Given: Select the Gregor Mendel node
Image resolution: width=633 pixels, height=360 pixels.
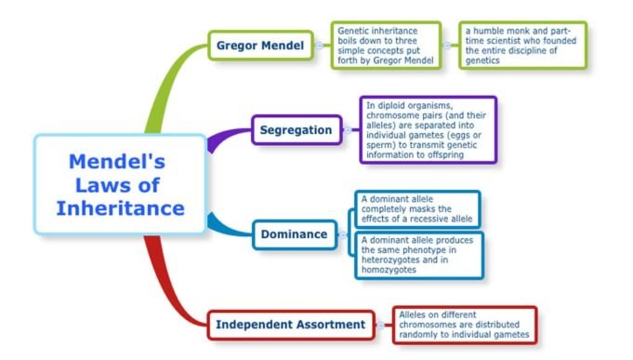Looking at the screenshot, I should (x=261, y=45).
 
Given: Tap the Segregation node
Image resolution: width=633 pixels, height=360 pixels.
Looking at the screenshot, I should (x=297, y=130).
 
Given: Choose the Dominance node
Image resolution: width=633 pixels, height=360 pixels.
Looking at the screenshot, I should (x=295, y=234).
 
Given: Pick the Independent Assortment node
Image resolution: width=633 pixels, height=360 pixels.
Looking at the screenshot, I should (x=291, y=325).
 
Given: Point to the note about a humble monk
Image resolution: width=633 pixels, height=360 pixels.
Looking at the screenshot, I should (x=522, y=45).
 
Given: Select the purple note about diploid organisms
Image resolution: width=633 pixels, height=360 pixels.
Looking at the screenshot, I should (x=428, y=130).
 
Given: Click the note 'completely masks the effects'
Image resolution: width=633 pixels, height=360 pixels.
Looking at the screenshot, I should (x=417, y=209).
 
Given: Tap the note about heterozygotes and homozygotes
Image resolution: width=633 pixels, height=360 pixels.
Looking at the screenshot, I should (x=417, y=256).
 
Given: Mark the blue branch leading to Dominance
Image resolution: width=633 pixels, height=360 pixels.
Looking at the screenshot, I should (x=228, y=226).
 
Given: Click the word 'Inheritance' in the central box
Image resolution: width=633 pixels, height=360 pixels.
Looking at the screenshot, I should (x=121, y=208).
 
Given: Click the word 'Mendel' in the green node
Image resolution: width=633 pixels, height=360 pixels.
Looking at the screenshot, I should (x=282, y=45).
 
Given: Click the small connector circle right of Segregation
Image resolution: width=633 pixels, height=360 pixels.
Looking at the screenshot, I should (x=348, y=130).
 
